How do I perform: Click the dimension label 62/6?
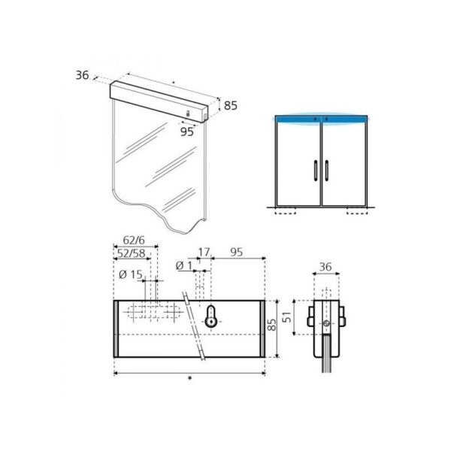coord(134,241)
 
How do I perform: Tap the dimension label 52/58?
coord(132,253)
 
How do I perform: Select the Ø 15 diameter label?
coord(131,275)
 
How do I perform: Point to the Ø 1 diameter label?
coord(184,266)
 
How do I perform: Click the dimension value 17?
coord(204,253)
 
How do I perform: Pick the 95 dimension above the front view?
coord(237,253)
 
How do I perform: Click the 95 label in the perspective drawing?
coord(187,132)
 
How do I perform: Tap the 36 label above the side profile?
coord(325,267)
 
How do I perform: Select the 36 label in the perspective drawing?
coord(82,75)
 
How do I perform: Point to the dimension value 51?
coord(287,317)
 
